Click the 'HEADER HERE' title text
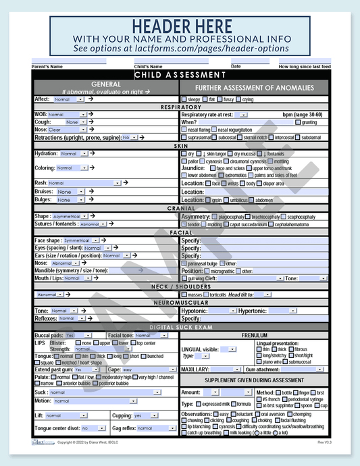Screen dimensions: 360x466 click(x=180, y=26)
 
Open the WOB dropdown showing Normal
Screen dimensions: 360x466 click(x=67, y=115)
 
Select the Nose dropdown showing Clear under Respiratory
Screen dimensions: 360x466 click(x=67, y=130)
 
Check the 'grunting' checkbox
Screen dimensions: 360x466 click(x=298, y=122)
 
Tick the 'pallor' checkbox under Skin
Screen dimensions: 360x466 click(x=184, y=161)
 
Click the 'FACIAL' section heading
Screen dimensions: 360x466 click(x=180, y=232)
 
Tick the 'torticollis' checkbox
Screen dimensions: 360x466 click(x=206, y=295)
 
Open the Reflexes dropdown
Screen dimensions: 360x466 click(x=72, y=318)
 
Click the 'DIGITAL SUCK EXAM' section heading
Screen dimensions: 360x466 click(x=180, y=327)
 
